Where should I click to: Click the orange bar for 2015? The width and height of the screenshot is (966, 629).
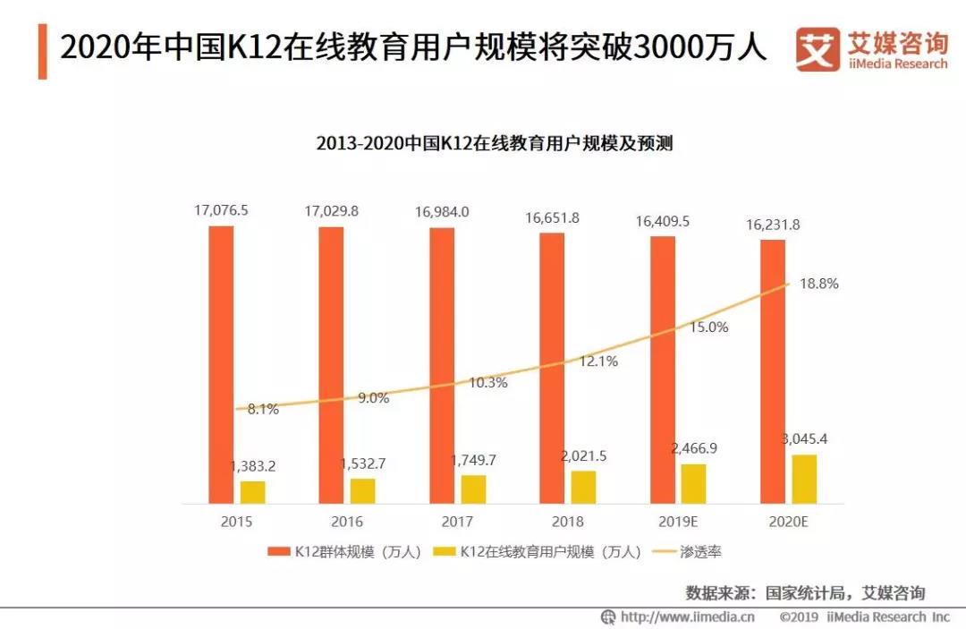point(221,364)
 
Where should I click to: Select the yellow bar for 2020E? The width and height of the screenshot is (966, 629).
point(804,479)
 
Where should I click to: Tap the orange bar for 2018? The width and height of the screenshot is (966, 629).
point(552,368)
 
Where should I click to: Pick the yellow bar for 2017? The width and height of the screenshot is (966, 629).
point(473,489)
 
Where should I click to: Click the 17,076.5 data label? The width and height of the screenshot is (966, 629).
point(221,211)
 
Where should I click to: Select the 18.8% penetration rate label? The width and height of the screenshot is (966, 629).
point(820,284)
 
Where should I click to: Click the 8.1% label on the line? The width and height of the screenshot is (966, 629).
point(263,410)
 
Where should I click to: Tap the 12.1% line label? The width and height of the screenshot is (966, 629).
point(599,361)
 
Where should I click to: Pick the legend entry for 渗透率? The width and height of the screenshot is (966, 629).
point(691,552)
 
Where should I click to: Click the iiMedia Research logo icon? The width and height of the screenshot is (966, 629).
point(818,49)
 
